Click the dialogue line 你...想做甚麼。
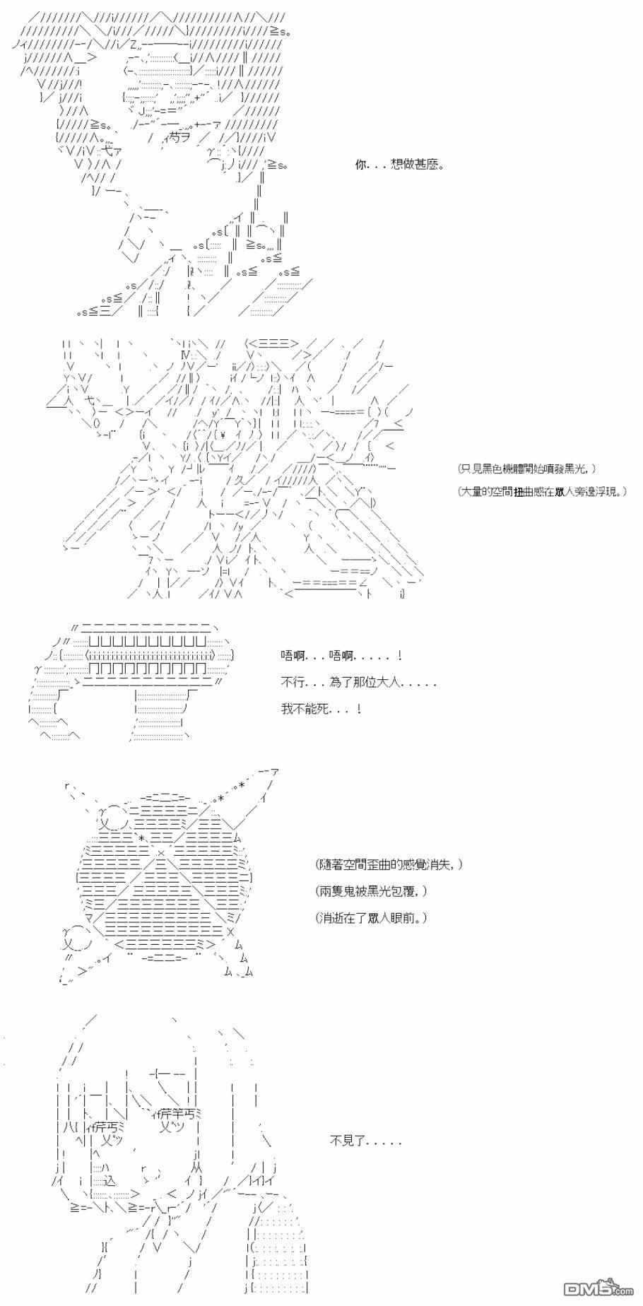pyautogui.click(x=400, y=165)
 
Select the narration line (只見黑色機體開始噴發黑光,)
pyautogui.click(x=526, y=469)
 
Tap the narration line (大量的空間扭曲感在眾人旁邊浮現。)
pyautogui.click(x=542, y=491)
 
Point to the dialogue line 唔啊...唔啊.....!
pyautogui.click(x=342, y=657)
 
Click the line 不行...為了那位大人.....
pyautogui.click(x=359, y=683)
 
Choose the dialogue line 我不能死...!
pyautogui.click(x=322, y=708)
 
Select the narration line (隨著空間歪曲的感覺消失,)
pyautogui.click(x=389, y=864)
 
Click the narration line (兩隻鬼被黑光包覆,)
pyautogui.click(x=372, y=891)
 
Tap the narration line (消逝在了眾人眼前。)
pyautogui.click(x=372, y=917)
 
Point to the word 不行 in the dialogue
pyautogui.click(x=292, y=683)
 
